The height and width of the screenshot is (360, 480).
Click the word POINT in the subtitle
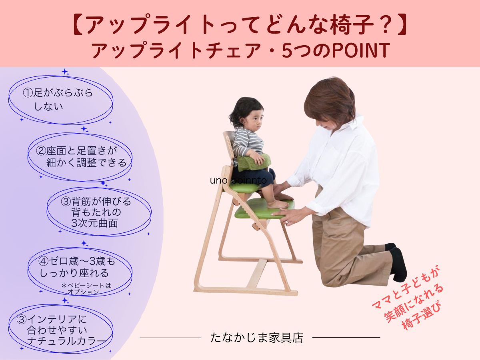click(x=361, y=50)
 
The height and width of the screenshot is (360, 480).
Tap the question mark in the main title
click(x=388, y=25)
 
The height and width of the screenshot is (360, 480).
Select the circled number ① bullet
click(x=28, y=93)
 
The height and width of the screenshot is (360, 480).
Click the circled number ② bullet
click(x=41, y=151)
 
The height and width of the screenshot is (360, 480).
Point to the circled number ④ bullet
click(x=43, y=261)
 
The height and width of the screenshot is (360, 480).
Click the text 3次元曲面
click(x=95, y=223)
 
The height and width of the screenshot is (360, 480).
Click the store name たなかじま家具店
click(x=257, y=338)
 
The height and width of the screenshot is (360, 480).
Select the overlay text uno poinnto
click(x=238, y=180)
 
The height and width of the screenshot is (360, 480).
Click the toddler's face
click(x=254, y=122)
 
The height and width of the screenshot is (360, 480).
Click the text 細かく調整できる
click(x=86, y=163)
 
